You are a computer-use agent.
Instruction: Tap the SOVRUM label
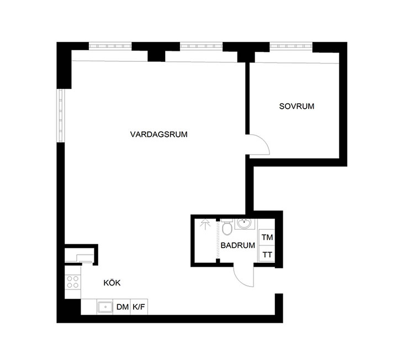(x=297, y=107)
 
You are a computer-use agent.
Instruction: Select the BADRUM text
(x=237, y=245)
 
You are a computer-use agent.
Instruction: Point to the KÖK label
(x=112, y=283)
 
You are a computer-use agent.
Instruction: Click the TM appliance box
(x=267, y=237)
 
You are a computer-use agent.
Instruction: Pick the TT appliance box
(x=267, y=255)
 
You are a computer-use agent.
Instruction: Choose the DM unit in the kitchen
(x=123, y=308)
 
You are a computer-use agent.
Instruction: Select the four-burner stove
(x=72, y=283)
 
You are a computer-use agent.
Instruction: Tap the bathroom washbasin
(x=244, y=224)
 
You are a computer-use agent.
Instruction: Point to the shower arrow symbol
(x=206, y=224)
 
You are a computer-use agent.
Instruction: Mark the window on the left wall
(x=61, y=117)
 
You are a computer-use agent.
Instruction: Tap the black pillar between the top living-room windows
(x=156, y=51)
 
